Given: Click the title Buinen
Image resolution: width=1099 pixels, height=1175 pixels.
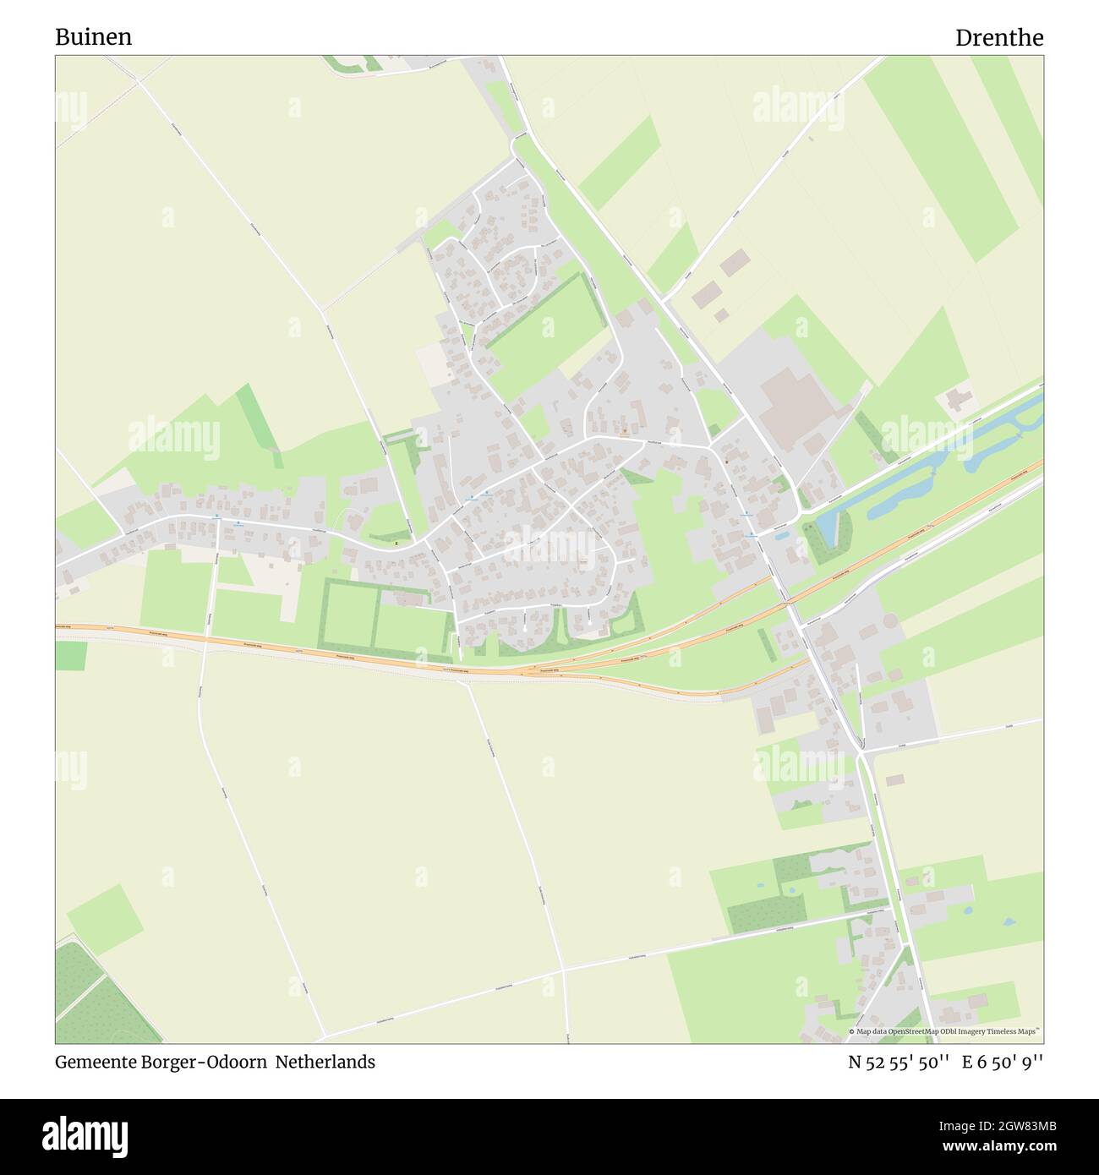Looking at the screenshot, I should [x=93, y=37].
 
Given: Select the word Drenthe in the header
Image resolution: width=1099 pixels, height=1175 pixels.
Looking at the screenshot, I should [x=998, y=37].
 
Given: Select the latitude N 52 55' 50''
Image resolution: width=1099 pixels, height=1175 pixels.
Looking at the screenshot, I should [x=899, y=1062].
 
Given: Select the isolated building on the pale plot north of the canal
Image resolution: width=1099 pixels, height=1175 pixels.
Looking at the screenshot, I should [x=957, y=397].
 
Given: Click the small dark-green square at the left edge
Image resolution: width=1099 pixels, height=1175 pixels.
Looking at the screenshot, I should [x=71, y=655].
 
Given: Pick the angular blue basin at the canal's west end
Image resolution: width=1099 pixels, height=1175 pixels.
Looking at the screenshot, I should [x=826, y=527].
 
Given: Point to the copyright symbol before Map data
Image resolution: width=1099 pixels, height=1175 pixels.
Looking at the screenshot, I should [x=852, y=1032].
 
